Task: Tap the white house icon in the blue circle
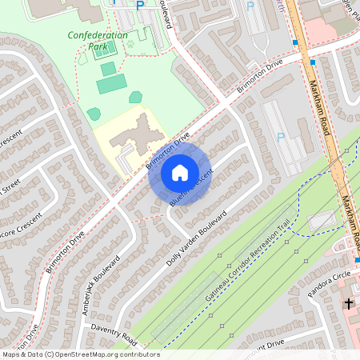(x=180, y=173)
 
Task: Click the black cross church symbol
(x=348, y=304)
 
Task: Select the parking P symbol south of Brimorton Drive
(x=280, y=137)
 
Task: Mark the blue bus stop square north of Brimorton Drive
(x=295, y=42)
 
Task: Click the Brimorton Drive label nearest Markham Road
(x=262, y=77)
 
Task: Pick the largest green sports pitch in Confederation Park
(x=112, y=84)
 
